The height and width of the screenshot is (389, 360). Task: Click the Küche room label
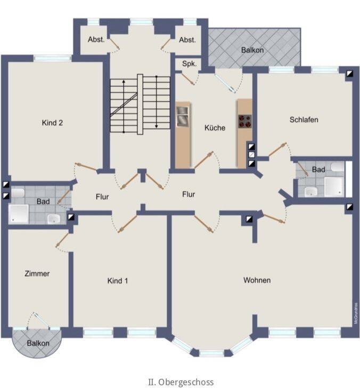click(x=215, y=128)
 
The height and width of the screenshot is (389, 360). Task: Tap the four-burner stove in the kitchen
click(x=245, y=121)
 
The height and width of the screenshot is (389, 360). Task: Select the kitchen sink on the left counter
click(x=183, y=116)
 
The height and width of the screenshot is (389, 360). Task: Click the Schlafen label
click(x=304, y=119)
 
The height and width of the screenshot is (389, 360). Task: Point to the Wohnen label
click(x=257, y=280)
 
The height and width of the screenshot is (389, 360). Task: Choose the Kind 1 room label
click(x=118, y=281)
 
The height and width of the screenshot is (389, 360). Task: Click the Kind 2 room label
click(x=52, y=123)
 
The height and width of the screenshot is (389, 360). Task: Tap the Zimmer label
click(x=37, y=274)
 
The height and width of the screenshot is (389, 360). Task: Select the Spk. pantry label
click(x=190, y=64)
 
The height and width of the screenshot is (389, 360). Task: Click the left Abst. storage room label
click(x=96, y=39)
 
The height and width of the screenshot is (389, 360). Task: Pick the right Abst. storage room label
click(x=187, y=39)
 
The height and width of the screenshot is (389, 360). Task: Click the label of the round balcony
click(x=38, y=343)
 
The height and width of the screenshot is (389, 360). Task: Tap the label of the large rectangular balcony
click(x=252, y=50)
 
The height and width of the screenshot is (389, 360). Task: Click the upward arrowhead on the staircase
click(x=124, y=82)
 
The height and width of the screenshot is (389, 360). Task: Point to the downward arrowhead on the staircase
click(x=157, y=126)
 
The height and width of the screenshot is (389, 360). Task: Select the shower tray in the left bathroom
click(x=19, y=214)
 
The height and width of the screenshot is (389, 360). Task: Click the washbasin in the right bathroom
click(x=311, y=191)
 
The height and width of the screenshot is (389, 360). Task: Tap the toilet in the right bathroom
click(x=338, y=167)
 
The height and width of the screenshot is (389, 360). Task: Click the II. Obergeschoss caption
click(x=181, y=382)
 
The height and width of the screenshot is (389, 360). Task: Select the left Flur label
click(x=102, y=197)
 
